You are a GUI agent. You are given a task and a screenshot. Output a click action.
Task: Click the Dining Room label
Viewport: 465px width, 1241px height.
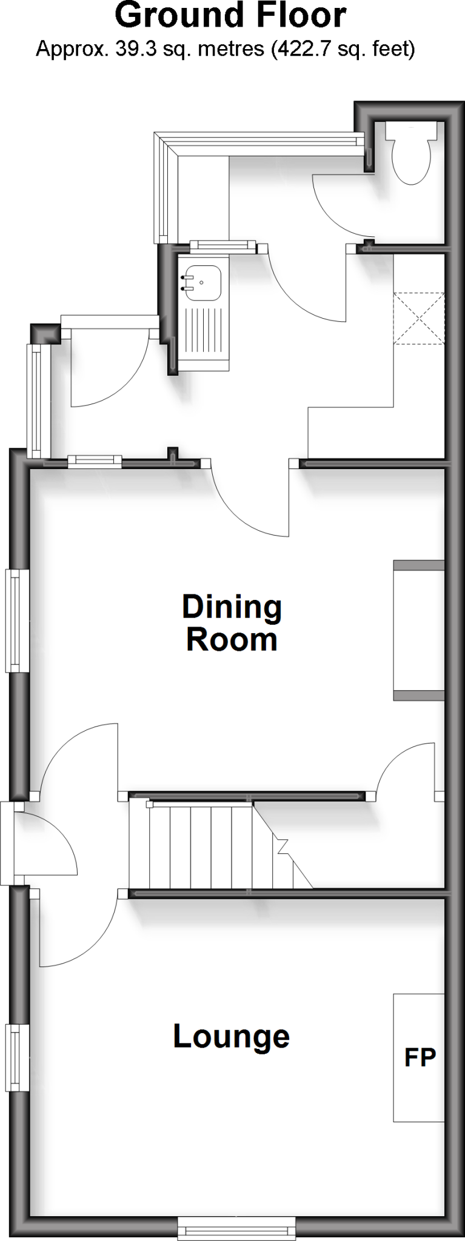point(232,623)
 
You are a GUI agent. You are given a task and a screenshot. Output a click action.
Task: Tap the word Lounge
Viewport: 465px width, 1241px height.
point(231,1036)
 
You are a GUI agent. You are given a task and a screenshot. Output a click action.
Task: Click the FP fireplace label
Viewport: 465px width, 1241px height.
point(420,1057)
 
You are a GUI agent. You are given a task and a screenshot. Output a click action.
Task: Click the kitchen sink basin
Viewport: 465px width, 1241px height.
point(202,283)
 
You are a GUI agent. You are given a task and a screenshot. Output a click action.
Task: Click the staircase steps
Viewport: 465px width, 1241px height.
point(200,846)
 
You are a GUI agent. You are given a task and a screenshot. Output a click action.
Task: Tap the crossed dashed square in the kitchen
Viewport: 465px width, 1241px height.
point(419,318)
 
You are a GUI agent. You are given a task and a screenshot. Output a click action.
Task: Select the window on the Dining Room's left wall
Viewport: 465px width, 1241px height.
point(18,620)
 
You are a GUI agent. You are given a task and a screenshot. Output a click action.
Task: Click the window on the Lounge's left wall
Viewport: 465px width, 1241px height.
point(18,1057)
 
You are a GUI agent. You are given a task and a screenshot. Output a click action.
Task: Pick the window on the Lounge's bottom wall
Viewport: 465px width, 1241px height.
point(236,1229)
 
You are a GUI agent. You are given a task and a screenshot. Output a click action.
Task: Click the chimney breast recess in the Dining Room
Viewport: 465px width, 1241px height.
point(418,630)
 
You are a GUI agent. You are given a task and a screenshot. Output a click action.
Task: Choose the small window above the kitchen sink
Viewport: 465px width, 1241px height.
point(221,245)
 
